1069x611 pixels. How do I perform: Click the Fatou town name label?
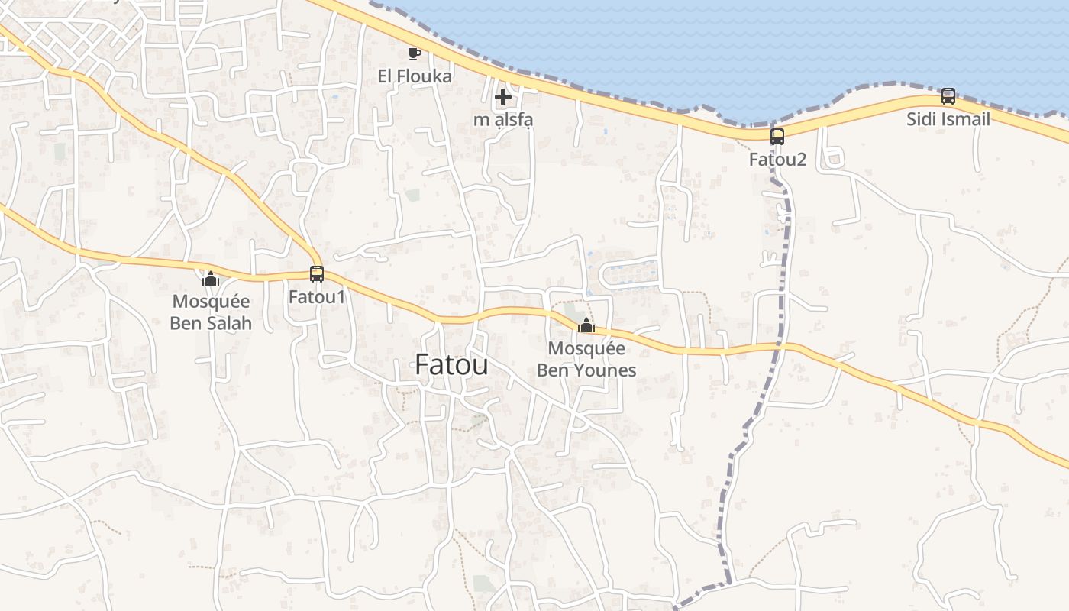tap(451, 364)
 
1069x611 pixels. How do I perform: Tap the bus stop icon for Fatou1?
tap(317, 273)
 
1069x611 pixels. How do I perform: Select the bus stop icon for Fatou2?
tap(777, 137)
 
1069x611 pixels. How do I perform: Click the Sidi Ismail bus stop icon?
tap(948, 96)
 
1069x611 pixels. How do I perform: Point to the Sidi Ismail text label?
tap(948, 119)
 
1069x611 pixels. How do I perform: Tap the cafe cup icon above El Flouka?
tap(415, 53)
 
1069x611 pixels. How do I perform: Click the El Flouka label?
tap(415, 76)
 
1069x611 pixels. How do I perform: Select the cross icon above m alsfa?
tap(503, 97)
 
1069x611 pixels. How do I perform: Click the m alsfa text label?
tap(503, 120)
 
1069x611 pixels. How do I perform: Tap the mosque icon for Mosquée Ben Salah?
tap(211, 279)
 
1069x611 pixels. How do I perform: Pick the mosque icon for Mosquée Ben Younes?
tap(586, 326)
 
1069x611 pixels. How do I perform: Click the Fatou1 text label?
tap(317, 296)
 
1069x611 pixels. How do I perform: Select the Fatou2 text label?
tap(777, 160)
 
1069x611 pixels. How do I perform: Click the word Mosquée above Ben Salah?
tap(211, 302)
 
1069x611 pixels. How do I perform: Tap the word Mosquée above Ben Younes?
tap(586, 349)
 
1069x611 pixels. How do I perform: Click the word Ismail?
tap(964, 119)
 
